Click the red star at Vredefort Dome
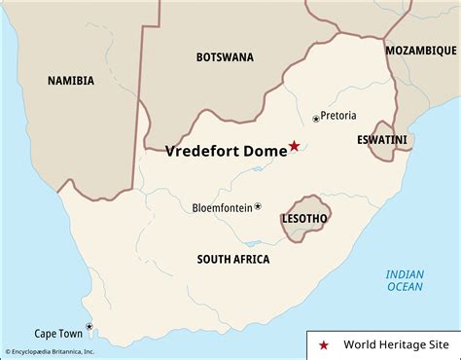[295, 147]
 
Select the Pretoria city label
[338, 116]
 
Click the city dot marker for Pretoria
[316, 119]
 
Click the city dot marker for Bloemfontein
[258, 206]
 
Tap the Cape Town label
[58, 333]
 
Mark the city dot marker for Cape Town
[89, 327]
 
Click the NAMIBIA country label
[71, 81]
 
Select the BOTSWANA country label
[225, 56]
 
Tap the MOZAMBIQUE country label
[421, 50]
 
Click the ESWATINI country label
[381, 140]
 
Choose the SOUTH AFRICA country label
[232, 259]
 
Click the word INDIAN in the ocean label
[405, 273]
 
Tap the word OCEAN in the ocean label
[405, 286]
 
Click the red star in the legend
[324, 345]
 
